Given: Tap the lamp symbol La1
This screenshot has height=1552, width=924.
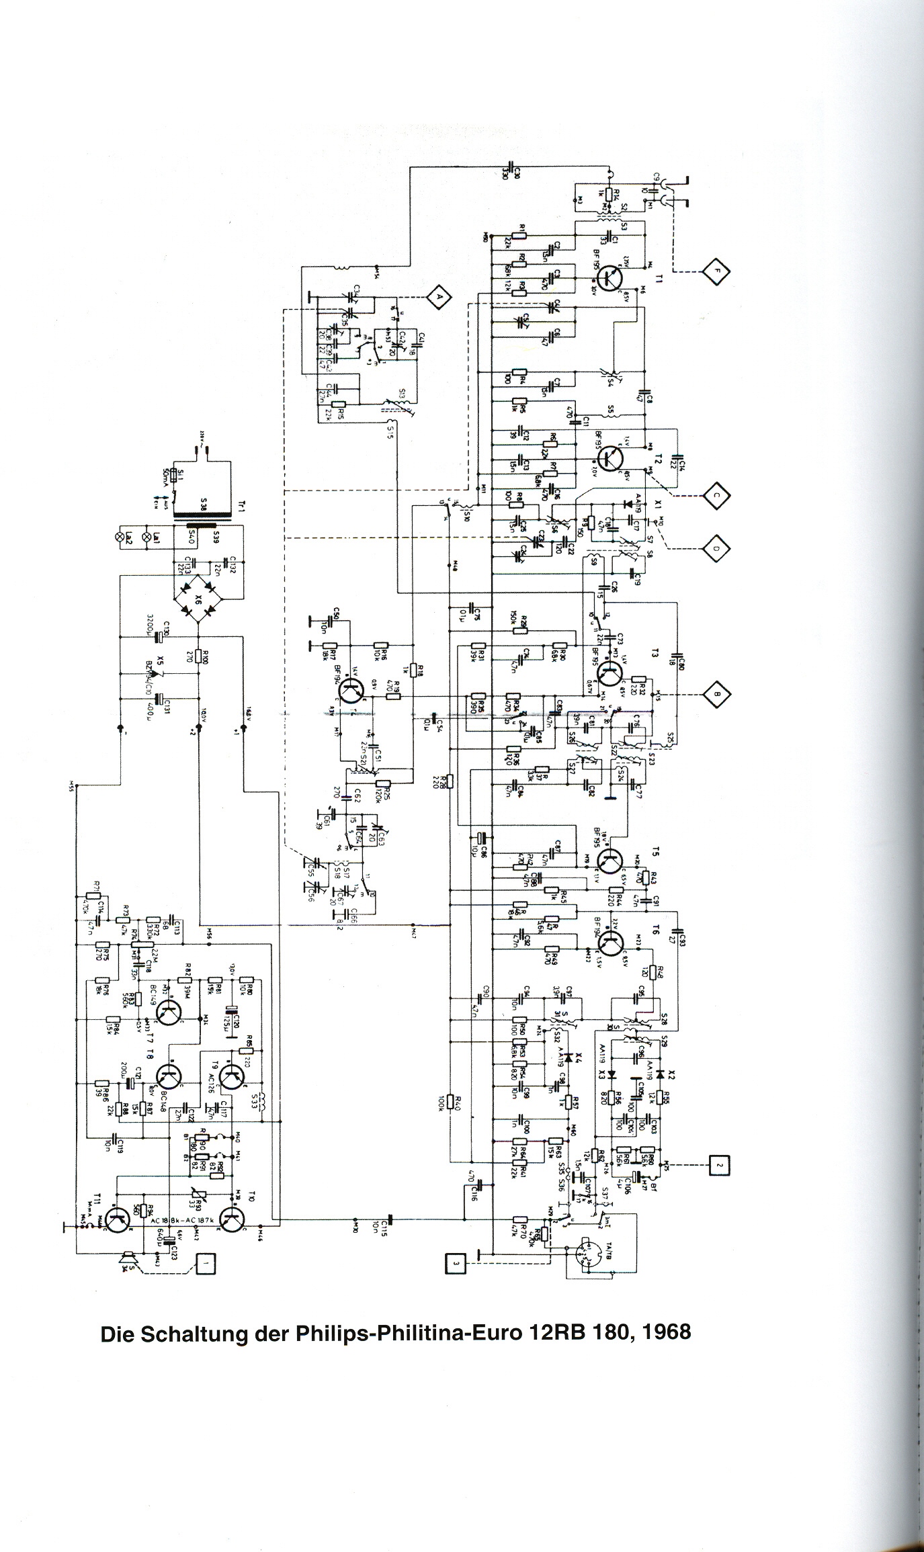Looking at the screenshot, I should [x=157, y=536].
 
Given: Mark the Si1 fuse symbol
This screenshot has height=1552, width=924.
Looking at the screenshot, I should [x=174, y=474].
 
